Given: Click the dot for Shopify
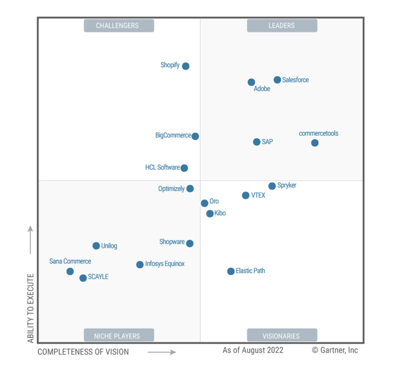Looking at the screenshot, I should click(186, 66).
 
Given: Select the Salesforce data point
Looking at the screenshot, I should click(277, 80).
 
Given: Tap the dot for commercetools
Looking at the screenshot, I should click(315, 143).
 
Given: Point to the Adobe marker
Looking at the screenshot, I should click(251, 82).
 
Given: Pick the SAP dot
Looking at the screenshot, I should click(257, 142).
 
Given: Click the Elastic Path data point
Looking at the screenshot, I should click(231, 271).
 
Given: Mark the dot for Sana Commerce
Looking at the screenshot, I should click(70, 271).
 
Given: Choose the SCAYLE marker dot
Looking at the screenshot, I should click(83, 278).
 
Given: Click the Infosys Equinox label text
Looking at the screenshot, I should click(165, 264).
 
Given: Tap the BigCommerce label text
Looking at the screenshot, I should click(173, 135).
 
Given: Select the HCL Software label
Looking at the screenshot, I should click(162, 167).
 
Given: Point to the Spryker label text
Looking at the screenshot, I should click(287, 185).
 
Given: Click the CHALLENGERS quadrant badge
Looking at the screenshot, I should click(119, 26).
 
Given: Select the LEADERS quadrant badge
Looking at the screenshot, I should click(282, 26).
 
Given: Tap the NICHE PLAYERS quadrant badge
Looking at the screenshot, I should click(119, 336).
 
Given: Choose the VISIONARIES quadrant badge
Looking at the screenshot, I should click(282, 336).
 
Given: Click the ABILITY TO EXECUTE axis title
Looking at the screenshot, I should click(31, 308).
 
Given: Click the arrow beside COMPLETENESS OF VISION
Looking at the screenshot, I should click(162, 352).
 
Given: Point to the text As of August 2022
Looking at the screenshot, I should click(253, 350).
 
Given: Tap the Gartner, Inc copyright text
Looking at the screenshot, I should click(335, 350).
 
